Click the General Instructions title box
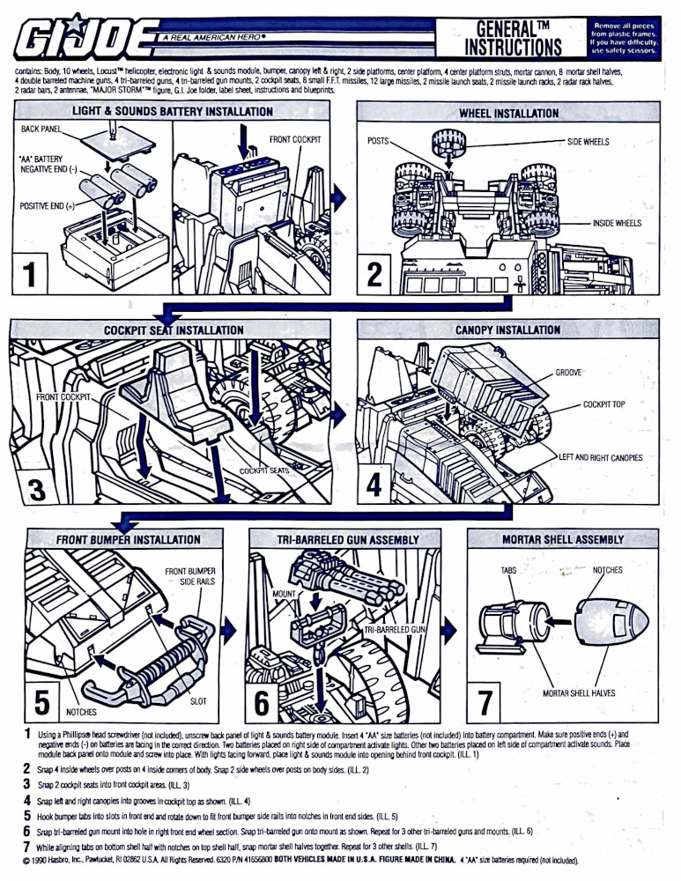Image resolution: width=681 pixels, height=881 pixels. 513,37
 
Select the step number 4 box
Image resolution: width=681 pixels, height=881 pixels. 374,485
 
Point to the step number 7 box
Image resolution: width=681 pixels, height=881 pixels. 485,702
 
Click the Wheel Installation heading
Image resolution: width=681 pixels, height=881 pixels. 508,113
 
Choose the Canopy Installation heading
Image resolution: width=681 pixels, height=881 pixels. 507,330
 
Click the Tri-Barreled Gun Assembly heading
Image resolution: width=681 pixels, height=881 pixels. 347,539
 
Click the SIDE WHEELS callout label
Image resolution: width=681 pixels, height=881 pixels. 587,142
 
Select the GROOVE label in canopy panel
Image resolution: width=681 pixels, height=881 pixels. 568,373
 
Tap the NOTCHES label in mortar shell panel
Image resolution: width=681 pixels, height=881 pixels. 607,570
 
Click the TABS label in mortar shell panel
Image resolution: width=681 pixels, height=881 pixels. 508,570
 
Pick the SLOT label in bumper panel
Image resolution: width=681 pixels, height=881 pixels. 198,701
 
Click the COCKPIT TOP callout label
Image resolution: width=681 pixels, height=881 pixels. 603,404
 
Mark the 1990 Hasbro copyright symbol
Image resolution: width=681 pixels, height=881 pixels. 27,861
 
